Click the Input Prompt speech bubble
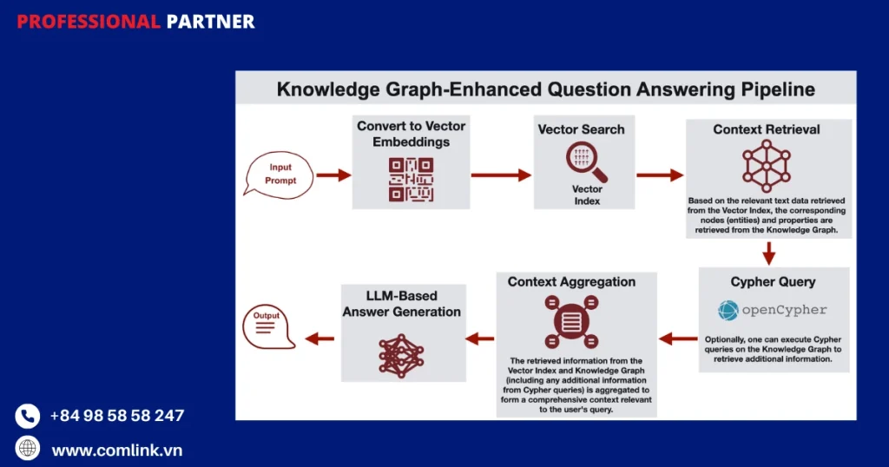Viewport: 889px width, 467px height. (279, 174)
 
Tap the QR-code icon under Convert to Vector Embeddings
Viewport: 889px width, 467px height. (411, 180)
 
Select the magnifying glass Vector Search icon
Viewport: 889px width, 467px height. (586, 161)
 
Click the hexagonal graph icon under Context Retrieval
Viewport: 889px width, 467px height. (767, 166)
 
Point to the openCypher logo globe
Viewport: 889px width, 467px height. (728, 311)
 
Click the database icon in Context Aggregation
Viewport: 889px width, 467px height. (571, 322)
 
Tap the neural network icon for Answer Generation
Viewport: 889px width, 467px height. (401, 356)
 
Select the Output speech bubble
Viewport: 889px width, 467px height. (268, 327)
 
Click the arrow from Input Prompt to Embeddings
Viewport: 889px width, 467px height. (334, 175)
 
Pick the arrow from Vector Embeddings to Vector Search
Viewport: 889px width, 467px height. (501, 175)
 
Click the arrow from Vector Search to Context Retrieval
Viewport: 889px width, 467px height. (660, 175)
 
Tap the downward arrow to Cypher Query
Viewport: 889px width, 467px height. (769, 253)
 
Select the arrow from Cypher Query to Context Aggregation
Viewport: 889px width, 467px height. (678, 339)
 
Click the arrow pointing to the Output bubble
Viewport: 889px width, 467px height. (319, 339)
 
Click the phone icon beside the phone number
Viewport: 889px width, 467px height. (27, 416)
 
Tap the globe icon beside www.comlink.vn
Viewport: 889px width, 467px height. (27, 448)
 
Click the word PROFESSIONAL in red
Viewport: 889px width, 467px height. (89, 22)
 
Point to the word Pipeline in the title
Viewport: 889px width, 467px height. (778, 89)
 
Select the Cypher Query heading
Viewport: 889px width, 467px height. (773, 281)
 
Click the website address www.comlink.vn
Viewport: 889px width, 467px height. (117, 450)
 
